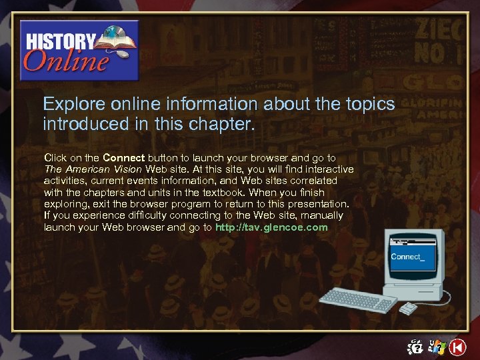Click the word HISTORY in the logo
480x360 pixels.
[x=60, y=39]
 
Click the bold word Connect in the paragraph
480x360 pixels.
[x=123, y=158]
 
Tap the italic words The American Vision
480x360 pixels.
[x=93, y=169]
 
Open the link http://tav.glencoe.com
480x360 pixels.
[x=271, y=227]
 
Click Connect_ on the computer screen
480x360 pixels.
[x=406, y=257]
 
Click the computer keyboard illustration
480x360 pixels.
[x=357, y=301]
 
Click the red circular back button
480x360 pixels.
[x=457, y=347]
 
